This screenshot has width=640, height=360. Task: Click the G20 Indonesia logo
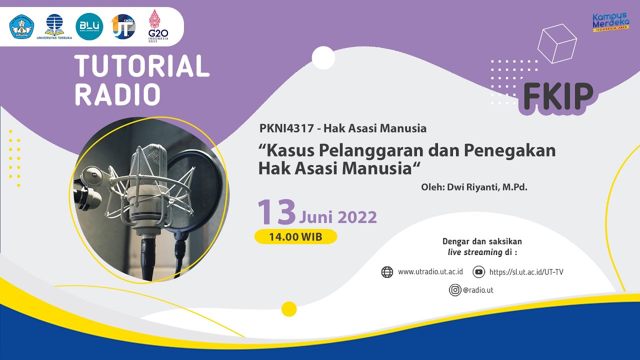[x=158, y=25]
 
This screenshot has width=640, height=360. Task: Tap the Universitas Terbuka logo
[x=54, y=26]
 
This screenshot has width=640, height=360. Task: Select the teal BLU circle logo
[x=89, y=26]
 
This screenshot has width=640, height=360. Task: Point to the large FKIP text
[x=558, y=96]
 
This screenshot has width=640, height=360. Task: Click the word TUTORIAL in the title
[x=142, y=66]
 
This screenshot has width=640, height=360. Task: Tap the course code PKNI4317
[x=287, y=128]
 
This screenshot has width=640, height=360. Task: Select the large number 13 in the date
[x=276, y=212]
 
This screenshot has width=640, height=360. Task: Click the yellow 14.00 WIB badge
[x=295, y=236]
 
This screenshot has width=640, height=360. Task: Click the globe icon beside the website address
[x=387, y=272]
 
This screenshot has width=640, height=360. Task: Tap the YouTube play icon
[x=478, y=272]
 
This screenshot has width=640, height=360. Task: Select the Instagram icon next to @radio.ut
[x=454, y=289]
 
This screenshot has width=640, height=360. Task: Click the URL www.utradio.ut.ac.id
[x=430, y=272]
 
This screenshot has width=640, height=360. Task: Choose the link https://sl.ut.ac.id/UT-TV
[x=526, y=272]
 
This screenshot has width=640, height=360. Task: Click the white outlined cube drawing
[x=557, y=43]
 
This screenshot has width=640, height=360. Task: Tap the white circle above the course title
[x=323, y=57]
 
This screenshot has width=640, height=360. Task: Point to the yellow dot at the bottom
[x=289, y=309]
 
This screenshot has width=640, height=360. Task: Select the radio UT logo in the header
[x=123, y=26]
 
